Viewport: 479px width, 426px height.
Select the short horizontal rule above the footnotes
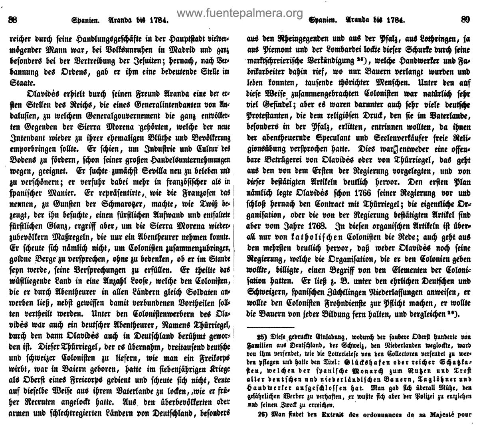pos(271,328)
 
